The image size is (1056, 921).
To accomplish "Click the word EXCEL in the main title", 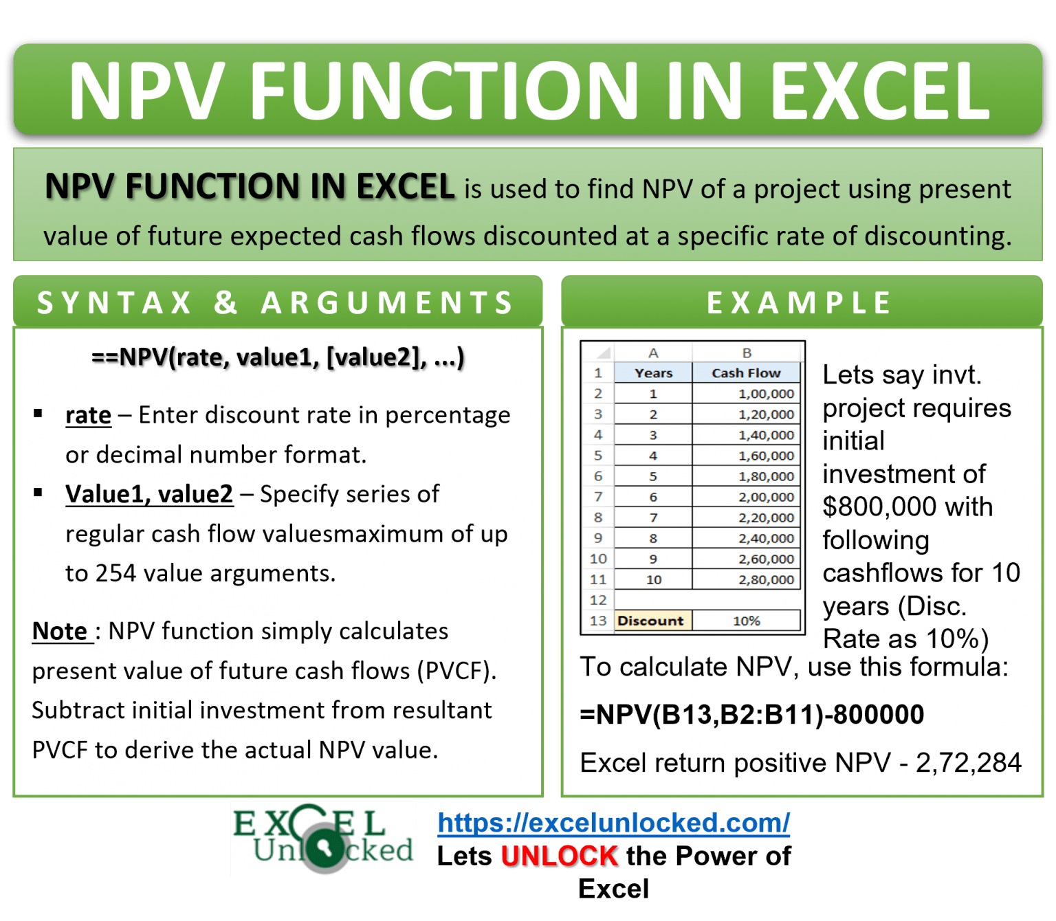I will [880, 91].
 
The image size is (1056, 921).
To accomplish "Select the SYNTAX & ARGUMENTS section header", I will [276, 302].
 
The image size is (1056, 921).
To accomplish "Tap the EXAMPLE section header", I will [800, 302].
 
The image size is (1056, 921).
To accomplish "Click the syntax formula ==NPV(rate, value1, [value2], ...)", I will [278, 357].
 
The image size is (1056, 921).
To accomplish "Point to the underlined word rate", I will [88, 415].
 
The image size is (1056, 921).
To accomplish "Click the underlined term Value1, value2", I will [149, 494].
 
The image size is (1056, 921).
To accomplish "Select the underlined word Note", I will [60, 631].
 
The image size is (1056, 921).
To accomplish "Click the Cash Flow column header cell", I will [746, 373].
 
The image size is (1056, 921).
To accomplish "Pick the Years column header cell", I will [653, 373].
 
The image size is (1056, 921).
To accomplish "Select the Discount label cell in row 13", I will [650, 621].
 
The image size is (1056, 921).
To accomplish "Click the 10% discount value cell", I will [746, 621].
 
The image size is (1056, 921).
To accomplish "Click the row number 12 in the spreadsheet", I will [597, 600].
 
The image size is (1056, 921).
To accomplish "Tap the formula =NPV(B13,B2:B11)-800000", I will [752, 715].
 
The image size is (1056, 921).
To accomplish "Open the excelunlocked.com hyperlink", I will [613, 823].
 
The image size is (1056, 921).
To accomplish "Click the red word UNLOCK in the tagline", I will [560, 856].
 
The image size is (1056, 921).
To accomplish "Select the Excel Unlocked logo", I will [323, 839].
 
